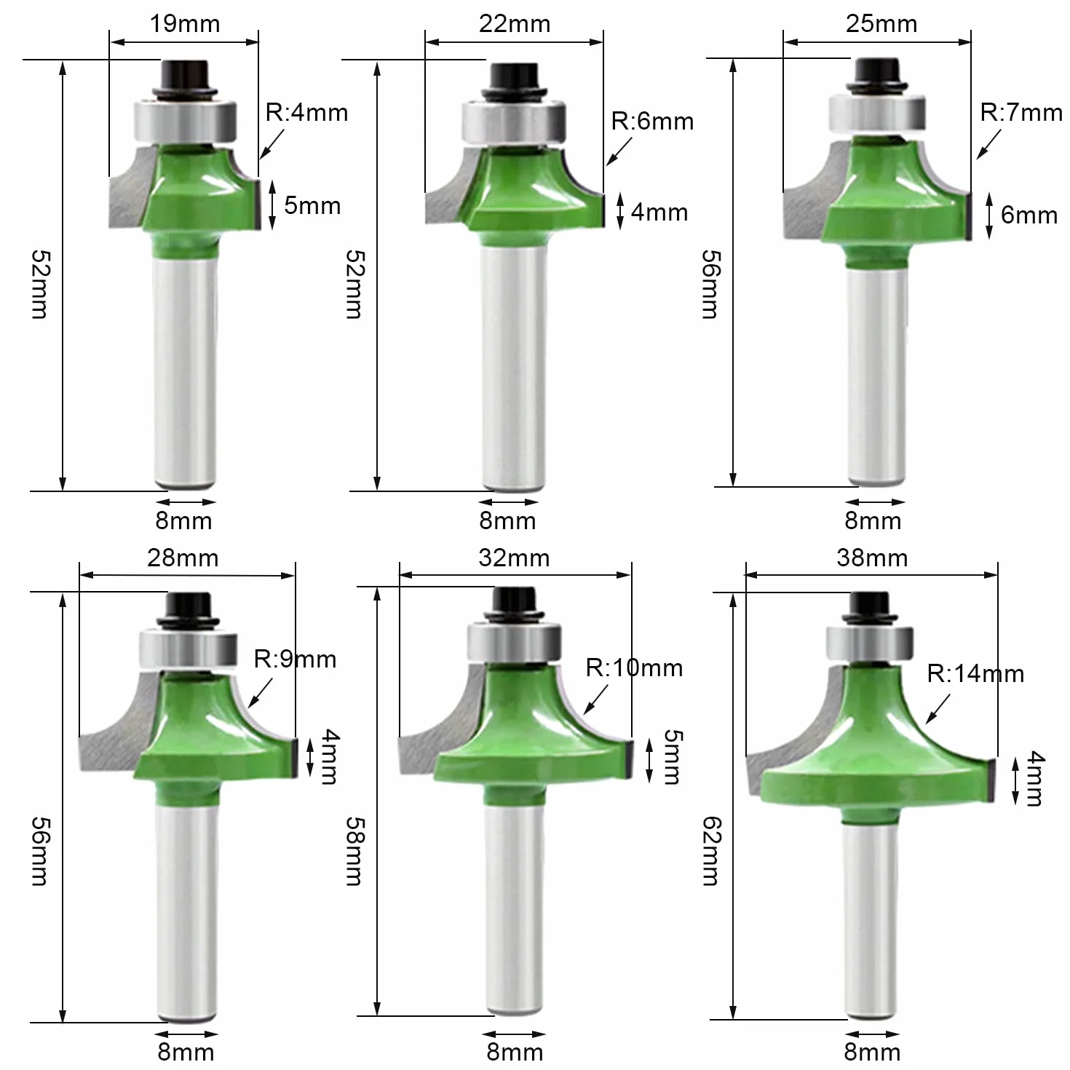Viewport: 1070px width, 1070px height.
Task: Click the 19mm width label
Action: click(x=184, y=24)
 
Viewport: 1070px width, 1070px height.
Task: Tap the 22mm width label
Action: click(x=514, y=24)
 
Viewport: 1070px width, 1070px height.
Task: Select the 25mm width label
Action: click(x=881, y=24)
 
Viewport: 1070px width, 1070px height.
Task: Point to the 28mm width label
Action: click(x=183, y=558)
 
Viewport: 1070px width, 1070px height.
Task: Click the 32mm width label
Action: click(x=514, y=558)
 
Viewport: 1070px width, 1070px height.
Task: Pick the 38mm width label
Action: click(x=872, y=558)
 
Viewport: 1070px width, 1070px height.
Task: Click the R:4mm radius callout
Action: click(x=306, y=112)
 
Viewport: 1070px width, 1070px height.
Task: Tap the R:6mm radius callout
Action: click(x=652, y=121)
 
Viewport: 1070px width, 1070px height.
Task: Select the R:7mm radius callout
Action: click(x=1021, y=112)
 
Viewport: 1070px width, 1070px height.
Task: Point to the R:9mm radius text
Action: click(x=295, y=659)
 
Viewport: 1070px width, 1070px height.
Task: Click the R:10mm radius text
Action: click(x=634, y=668)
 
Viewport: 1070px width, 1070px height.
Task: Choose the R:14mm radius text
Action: click(x=975, y=673)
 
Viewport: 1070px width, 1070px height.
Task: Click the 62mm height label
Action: click(x=711, y=850)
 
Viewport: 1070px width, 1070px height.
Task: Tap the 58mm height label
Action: click(x=354, y=850)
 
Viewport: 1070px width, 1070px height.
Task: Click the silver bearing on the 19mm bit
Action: click(x=186, y=121)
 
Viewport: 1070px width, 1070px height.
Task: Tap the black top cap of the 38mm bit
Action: click(x=870, y=608)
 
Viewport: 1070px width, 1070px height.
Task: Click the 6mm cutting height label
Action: click(x=1029, y=215)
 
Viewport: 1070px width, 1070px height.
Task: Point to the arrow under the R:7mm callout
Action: click(x=988, y=144)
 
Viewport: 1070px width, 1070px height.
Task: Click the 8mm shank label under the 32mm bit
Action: click(x=515, y=1052)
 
